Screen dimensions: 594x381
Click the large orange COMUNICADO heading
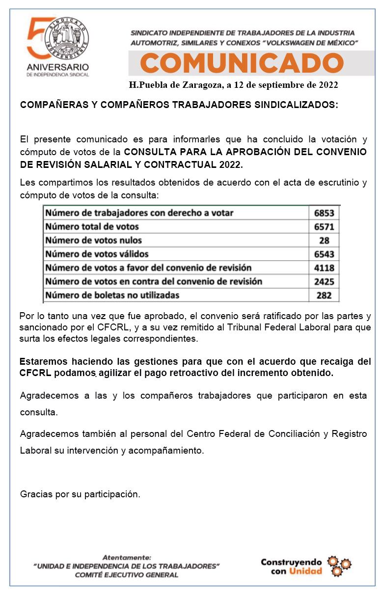[242, 63]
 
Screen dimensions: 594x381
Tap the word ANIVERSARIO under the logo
[58, 66]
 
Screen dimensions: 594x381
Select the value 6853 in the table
[324, 213]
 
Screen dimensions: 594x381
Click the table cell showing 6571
[324, 227]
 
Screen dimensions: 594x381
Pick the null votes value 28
[324, 241]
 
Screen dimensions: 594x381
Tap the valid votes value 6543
[324, 254]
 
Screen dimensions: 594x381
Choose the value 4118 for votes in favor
[324, 268]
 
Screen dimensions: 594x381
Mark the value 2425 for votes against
[324, 282]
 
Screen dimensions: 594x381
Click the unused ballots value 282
[324, 296]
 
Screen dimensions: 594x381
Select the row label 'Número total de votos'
[92, 226]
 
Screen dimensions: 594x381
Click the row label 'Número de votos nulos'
[93, 240]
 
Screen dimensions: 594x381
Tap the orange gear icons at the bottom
[339, 566]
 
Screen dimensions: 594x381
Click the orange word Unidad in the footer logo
[305, 571]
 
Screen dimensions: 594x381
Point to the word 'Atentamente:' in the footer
[127, 558]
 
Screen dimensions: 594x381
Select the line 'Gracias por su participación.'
[80, 494]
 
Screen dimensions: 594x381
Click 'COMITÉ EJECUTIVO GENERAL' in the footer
[127, 575]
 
